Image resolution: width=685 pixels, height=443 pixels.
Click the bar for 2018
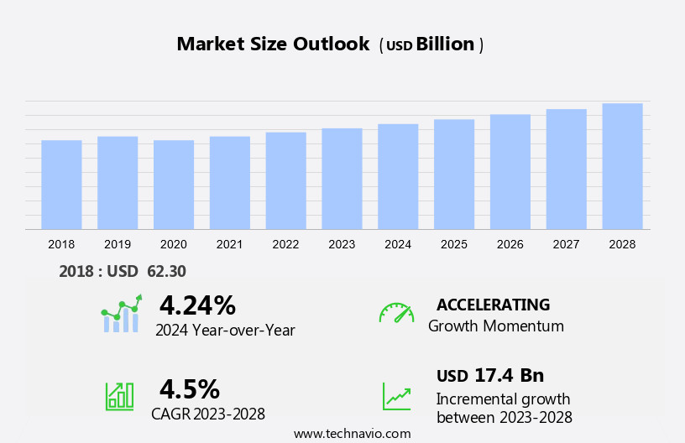click(x=61, y=185)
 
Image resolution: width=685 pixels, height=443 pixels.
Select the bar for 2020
click(x=174, y=185)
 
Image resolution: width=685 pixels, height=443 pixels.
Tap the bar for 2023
click(x=342, y=179)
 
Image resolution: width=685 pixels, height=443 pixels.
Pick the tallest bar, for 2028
click(x=622, y=166)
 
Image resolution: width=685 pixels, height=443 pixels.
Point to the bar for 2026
click(x=510, y=172)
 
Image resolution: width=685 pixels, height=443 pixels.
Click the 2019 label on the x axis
click(x=118, y=244)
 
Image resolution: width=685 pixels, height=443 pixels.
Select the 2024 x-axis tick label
click(x=398, y=244)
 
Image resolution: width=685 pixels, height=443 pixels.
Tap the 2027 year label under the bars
click(x=567, y=244)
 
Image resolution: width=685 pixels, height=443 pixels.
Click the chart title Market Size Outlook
click(x=273, y=44)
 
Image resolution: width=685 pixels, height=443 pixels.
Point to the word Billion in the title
click(x=446, y=44)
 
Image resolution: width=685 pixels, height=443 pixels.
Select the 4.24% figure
click(x=197, y=305)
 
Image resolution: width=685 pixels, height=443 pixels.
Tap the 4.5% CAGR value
click(x=190, y=389)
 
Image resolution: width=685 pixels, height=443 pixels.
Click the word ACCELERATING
click(x=493, y=305)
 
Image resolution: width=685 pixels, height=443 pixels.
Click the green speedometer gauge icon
click(x=396, y=313)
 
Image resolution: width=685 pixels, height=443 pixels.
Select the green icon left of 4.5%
click(x=119, y=396)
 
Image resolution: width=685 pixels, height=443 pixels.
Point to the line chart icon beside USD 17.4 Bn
click(x=396, y=396)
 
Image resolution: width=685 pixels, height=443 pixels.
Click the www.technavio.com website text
click(x=352, y=434)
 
